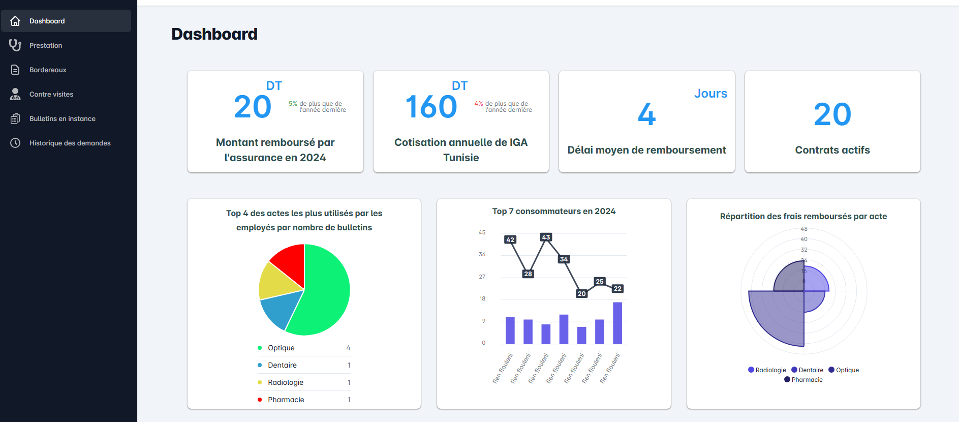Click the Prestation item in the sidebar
point(46,45)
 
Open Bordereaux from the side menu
point(48,70)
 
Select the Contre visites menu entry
point(51,94)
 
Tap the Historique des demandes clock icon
point(15,143)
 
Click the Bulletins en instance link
point(62,118)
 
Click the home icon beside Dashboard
point(15,21)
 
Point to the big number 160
point(431,107)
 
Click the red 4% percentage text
point(478,104)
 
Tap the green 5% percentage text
point(293,104)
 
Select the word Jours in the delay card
point(710,94)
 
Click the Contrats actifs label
point(832,150)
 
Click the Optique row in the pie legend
point(281,348)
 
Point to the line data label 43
point(546,237)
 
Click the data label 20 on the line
point(582,293)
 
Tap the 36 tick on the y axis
point(482,254)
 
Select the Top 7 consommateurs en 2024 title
point(553,211)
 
